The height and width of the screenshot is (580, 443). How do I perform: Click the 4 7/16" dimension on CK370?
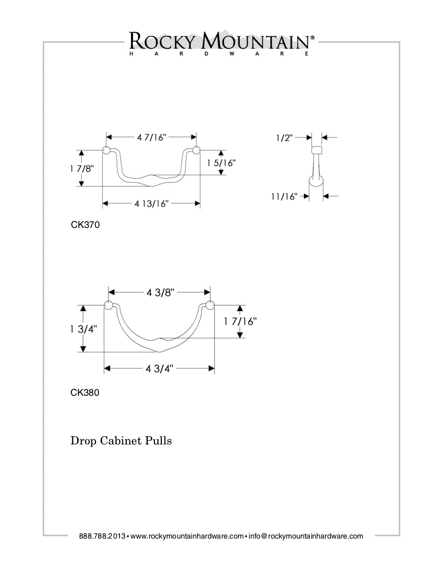coord(151,137)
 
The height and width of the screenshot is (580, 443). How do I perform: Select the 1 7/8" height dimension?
coord(82,168)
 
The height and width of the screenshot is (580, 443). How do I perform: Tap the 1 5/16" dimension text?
coord(221,163)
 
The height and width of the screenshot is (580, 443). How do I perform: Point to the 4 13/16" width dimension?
coord(151,203)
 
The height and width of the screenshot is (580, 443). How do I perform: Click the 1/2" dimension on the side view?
coord(284,137)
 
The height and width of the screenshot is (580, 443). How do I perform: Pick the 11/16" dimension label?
coord(284,197)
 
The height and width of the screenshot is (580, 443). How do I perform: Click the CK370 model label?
coord(85,225)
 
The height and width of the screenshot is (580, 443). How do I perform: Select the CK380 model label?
coord(85,392)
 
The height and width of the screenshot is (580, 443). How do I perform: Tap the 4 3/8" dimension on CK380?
coord(160,293)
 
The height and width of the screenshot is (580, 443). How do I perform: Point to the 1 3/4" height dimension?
coord(84,329)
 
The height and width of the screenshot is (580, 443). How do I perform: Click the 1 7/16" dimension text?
coord(240,322)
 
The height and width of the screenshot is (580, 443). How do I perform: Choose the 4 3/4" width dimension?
coord(160,369)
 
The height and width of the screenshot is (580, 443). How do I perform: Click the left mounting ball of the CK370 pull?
coord(106,151)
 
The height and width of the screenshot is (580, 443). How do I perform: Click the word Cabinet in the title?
coord(121,441)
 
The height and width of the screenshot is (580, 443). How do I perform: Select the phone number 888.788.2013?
coord(102,536)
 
